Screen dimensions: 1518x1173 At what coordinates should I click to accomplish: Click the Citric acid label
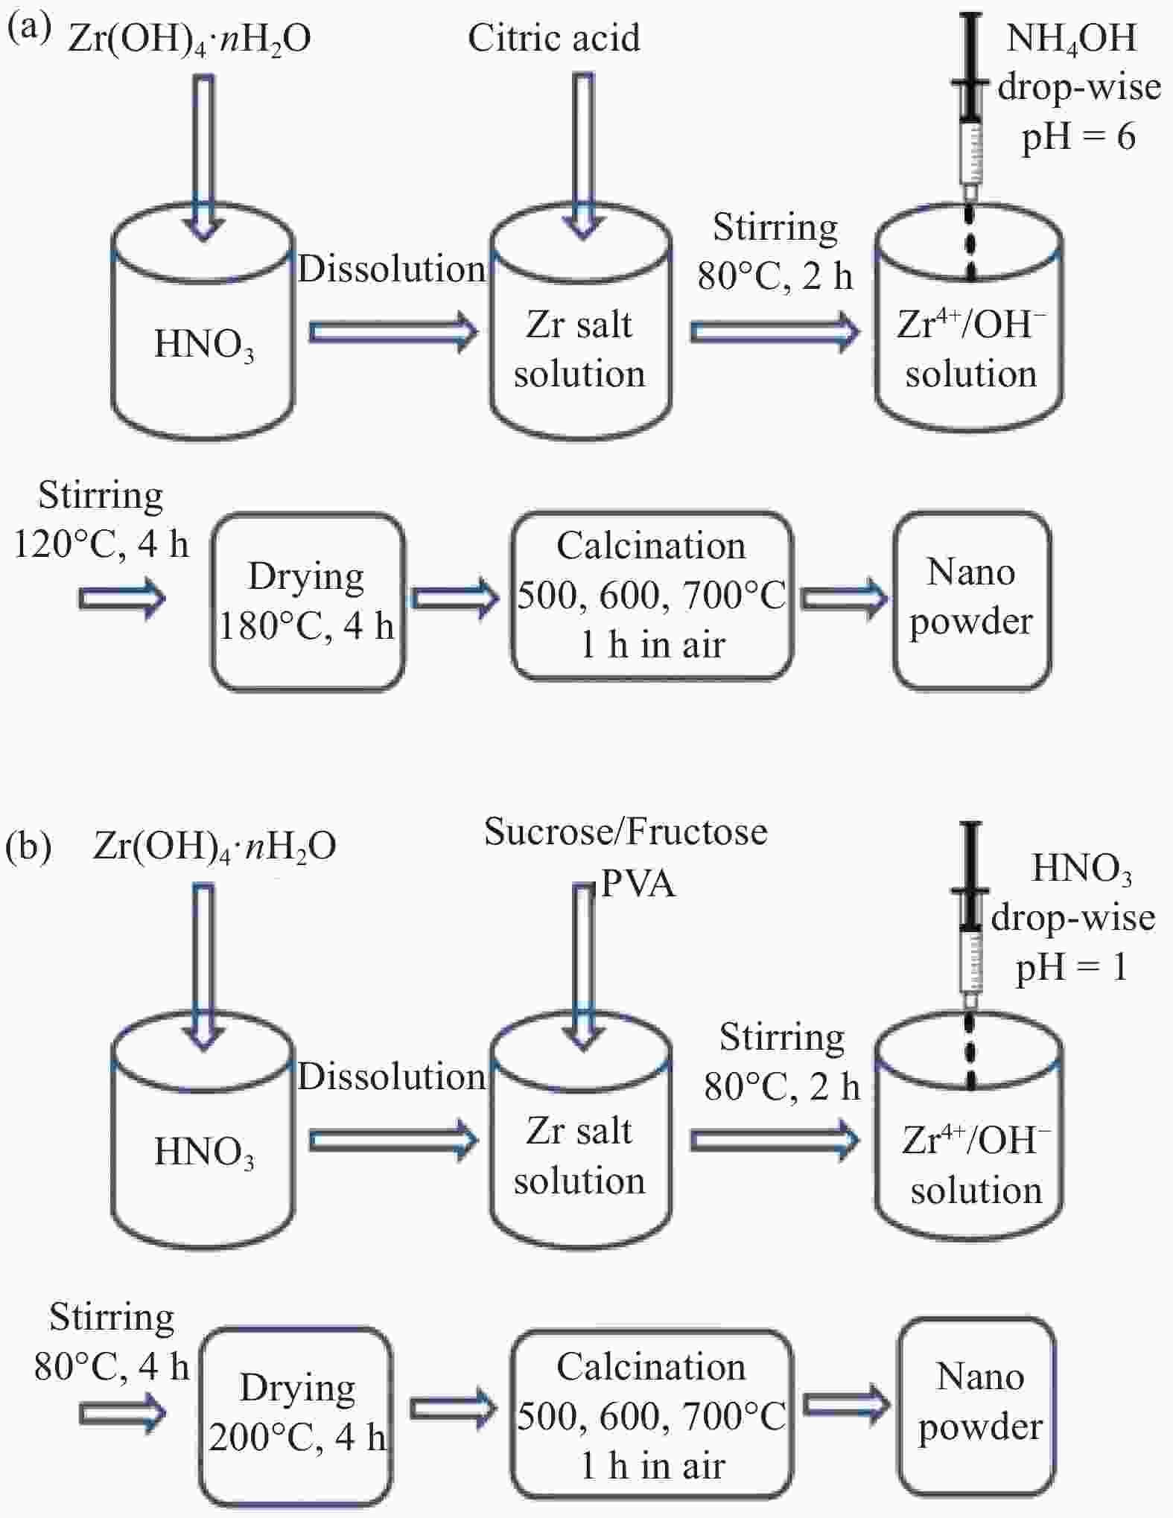553,38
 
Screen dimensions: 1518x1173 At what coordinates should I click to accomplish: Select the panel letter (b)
28,847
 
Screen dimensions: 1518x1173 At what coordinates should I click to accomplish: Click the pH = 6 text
1078,137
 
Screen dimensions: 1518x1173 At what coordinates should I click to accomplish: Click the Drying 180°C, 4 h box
307,601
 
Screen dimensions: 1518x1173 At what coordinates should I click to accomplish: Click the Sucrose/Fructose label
626,832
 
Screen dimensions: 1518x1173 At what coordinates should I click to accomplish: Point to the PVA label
638,884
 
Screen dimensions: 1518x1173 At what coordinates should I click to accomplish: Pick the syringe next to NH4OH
970,104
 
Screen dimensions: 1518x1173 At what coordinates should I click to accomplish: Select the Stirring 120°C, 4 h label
101,520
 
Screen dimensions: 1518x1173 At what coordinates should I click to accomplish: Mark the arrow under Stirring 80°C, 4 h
122,1412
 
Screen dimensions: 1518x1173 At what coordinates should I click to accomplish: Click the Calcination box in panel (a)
652,596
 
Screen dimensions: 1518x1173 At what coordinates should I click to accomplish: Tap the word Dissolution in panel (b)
391,1077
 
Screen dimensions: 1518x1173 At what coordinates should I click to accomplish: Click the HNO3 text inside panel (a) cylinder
203,345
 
